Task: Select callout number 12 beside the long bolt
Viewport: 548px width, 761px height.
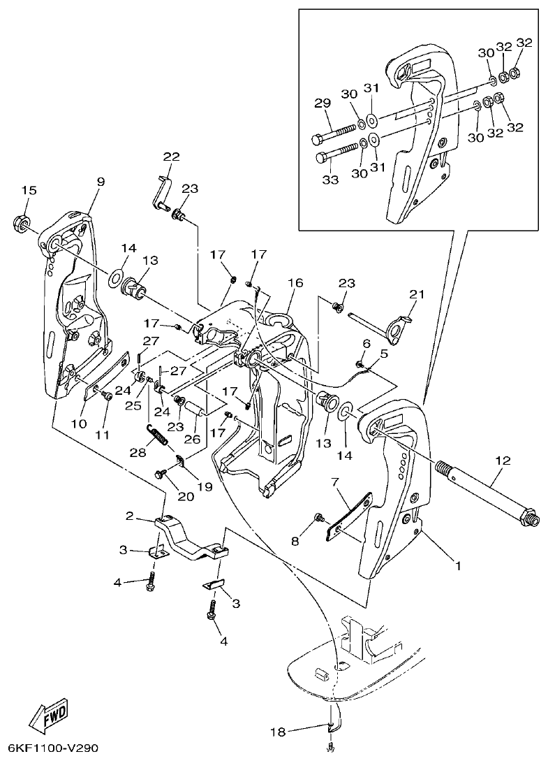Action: click(x=502, y=461)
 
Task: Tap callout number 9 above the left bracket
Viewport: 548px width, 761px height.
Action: click(x=101, y=182)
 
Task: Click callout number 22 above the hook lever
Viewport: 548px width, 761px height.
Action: click(x=172, y=156)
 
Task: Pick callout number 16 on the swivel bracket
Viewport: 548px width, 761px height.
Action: click(x=295, y=283)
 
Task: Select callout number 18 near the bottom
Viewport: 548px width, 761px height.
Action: click(x=278, y=732)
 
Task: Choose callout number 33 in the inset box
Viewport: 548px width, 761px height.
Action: click(x=330, y=180)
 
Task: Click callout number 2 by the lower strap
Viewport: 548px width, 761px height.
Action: click(x=130, y=516)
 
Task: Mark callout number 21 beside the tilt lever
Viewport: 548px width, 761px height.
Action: click(x=417, y=294)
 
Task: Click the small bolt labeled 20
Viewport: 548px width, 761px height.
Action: click(x=160, y=474)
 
